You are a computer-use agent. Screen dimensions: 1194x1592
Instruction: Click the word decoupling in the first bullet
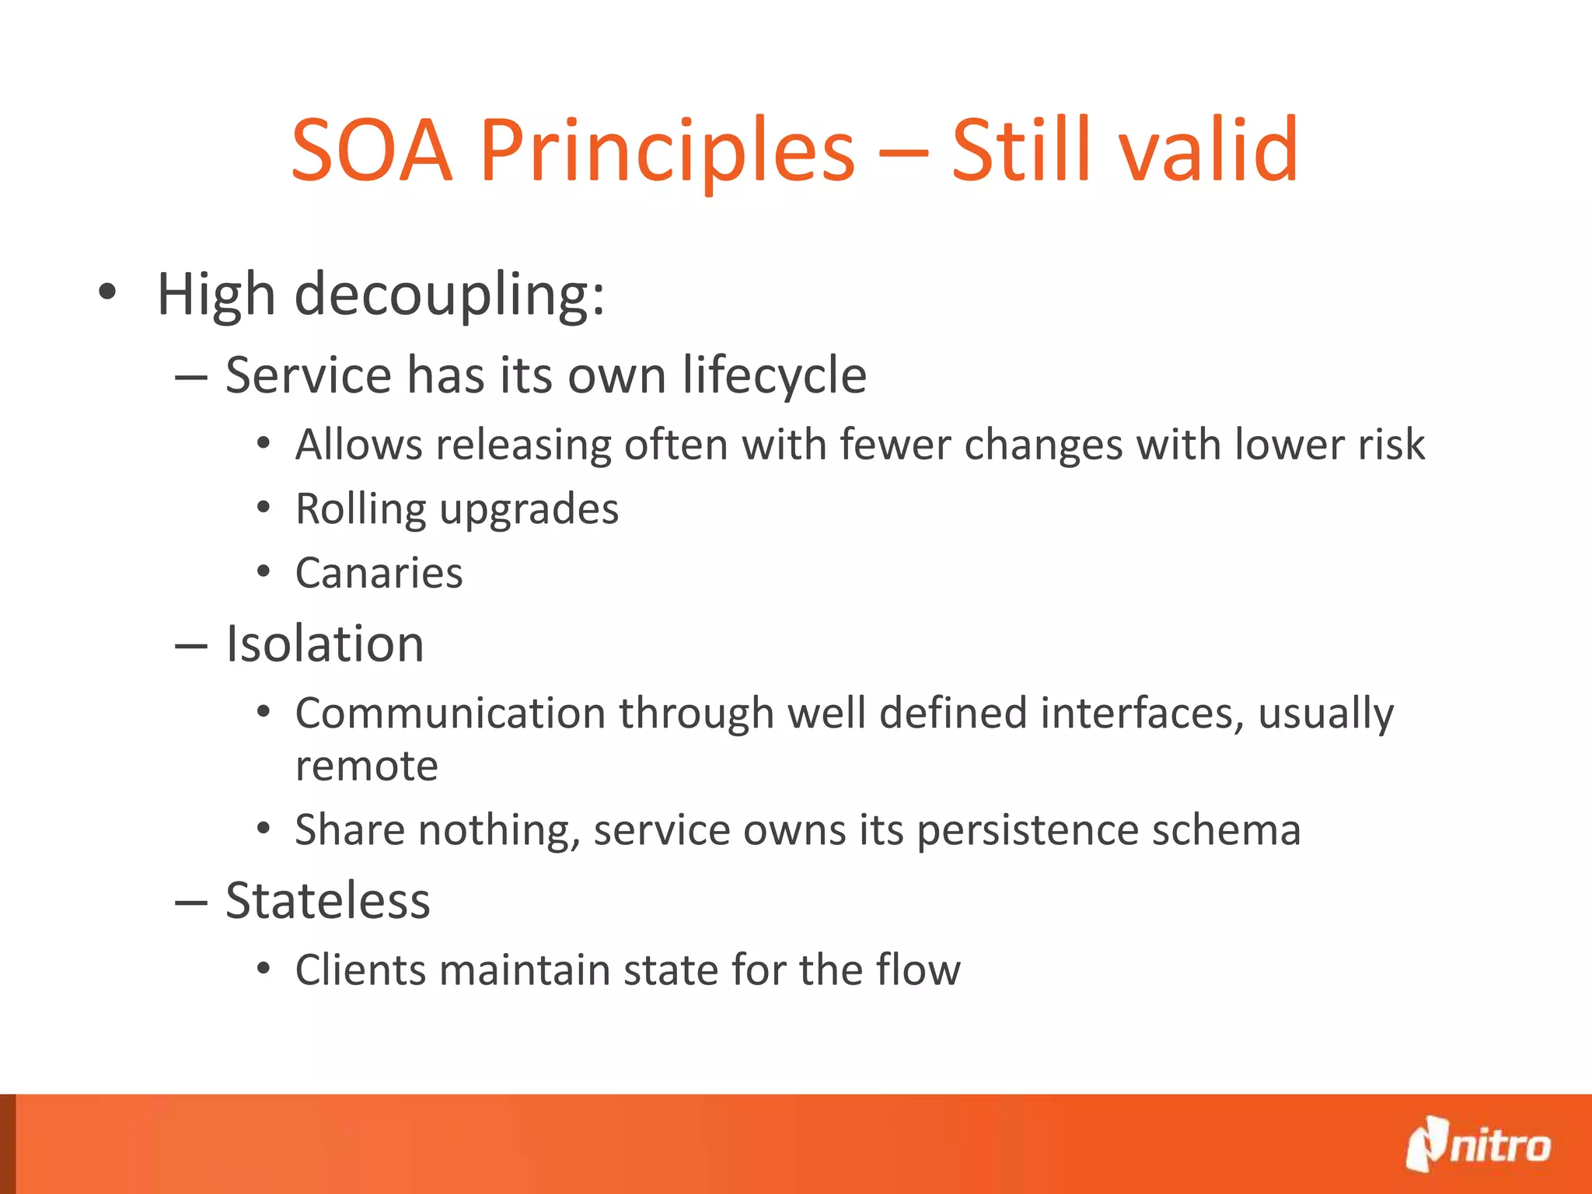click(449, 295)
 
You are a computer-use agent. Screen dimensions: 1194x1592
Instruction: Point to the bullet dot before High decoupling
click(107, 293)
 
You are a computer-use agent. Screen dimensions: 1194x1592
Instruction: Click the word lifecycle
click(774, 375)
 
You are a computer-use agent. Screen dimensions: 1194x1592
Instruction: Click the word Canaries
click(379, 574)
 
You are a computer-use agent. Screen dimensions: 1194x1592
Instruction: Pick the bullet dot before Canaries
click(264, 572)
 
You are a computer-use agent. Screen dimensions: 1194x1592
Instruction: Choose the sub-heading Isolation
click(324, 644)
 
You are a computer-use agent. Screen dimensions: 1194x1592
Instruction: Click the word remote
click(366, 766)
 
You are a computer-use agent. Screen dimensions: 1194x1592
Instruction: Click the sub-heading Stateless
click(327, 901)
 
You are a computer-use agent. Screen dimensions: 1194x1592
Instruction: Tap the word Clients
click(361, 970)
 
